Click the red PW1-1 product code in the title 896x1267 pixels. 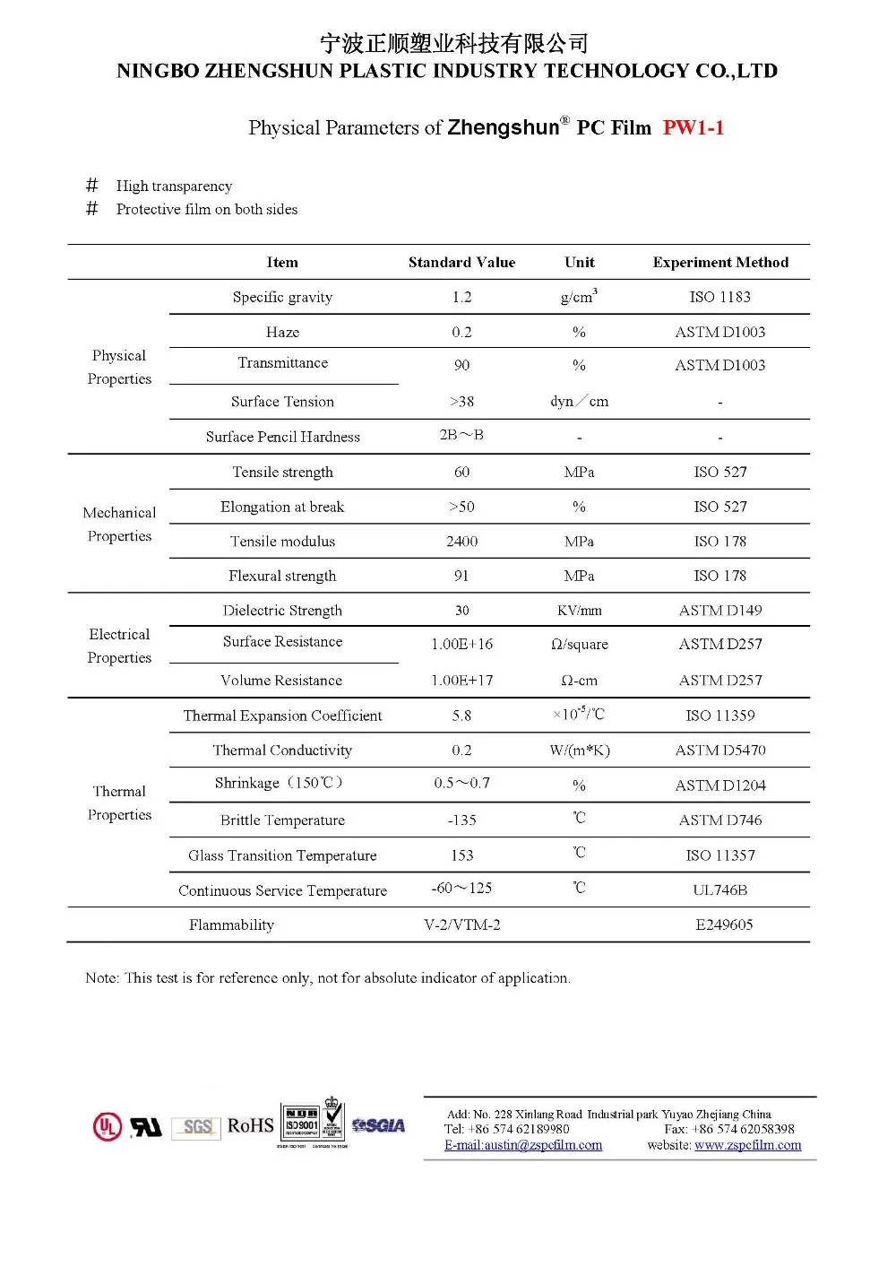(693, 127)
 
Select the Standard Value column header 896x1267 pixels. (461, 263)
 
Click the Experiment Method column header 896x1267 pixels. (720, 263)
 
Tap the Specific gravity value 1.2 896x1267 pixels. (461, 297)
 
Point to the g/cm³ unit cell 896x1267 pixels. (579, 297)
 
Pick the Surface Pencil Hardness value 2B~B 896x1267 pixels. (461, 435)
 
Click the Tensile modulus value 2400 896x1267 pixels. (461, 542)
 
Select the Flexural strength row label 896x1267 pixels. (282, 576)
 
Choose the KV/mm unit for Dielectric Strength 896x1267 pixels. (579, 611)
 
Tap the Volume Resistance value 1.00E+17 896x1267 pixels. (461, 681)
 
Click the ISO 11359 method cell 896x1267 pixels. (720, 716)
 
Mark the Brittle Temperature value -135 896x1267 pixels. (461, 820)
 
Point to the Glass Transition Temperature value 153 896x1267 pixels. (461, 855)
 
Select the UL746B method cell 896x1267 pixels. (720, 890)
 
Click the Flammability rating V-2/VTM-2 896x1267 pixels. (461, 924)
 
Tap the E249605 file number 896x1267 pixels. (724, 924)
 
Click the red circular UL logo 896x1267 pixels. (108, 1126)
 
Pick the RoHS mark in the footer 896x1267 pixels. (250, 1126)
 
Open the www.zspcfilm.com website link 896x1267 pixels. (747, 1145)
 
